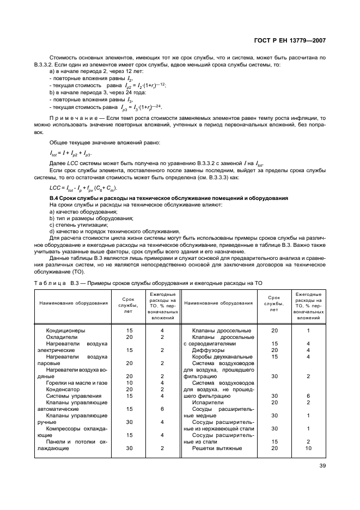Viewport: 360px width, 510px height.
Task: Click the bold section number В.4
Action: [54, 197]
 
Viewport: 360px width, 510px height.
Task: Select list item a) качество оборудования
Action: [81, 211]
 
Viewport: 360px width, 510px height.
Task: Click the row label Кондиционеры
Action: [65, 331]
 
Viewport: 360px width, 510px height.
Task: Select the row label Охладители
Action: [62, 337]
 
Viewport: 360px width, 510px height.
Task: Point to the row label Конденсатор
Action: [64, 389]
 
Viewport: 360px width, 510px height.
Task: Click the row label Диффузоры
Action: [209, 350]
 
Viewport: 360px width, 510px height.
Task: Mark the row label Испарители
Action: [210, 402]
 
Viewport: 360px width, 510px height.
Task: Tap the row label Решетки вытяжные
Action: [217, 448]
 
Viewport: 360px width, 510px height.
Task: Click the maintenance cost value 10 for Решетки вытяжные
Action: [308, 448]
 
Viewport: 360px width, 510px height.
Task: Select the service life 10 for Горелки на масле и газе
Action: [130, 382]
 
